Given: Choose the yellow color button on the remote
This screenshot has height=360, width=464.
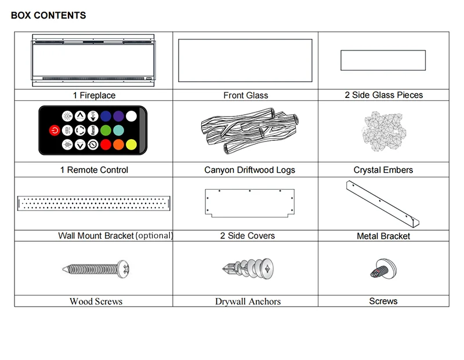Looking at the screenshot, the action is click(x=132, y=144).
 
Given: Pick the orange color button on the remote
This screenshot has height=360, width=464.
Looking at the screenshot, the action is click(x=118, y=144).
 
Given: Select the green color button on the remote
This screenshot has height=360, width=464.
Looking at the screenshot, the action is click(x=106, y=130).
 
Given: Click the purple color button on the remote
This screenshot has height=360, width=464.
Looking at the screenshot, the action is click(x=118, y=115).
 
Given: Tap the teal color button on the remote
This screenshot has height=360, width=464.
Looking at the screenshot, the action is click(x=118, y=130).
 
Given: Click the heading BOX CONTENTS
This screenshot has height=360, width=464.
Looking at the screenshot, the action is click(x=48, y=16).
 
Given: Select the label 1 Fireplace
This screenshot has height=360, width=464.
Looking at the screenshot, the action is click(x=94, y=96).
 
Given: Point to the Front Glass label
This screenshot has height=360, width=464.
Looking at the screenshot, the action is click(x=245, y=96).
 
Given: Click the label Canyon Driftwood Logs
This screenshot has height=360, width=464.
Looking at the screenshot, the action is click(x=249, y=170).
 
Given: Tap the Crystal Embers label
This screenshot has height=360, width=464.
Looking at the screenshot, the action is click(x=383, y=170).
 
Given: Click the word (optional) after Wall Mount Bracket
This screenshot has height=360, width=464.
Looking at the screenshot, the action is click(x=154, y=236).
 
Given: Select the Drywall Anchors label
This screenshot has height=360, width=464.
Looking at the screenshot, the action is click(x=248, y=301).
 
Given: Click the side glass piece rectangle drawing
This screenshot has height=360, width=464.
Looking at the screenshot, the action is click(x=383, y=60).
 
